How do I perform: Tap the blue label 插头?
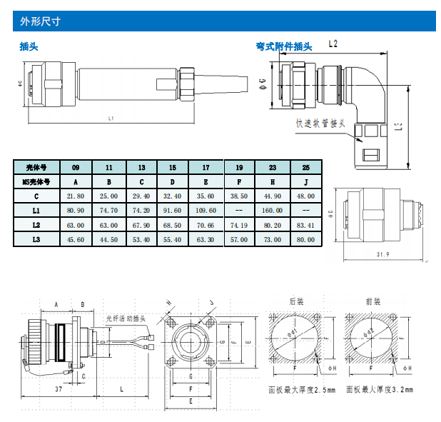[29, 47]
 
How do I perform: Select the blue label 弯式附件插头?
[284, 47]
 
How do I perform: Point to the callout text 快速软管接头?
[321, 124]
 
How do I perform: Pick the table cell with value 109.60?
[206, 211]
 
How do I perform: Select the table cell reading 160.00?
[273, 211]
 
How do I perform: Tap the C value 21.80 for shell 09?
[75, 196]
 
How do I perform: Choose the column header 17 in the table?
[206, 167]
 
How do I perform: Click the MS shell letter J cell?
[306, 181]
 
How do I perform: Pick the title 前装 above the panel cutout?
[372, 302]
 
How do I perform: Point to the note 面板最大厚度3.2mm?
[378, 390]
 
